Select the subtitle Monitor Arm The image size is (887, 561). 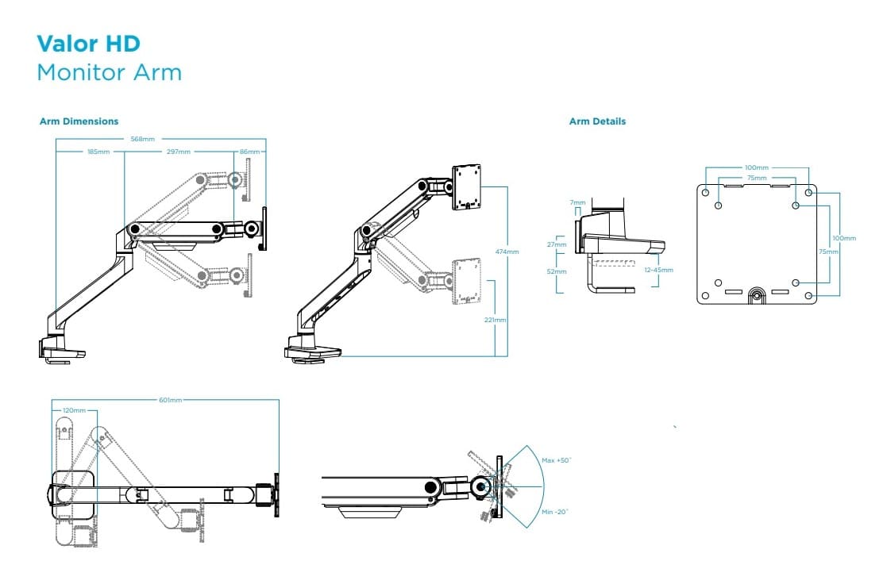[110, 72]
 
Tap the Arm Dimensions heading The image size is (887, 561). [79, 121]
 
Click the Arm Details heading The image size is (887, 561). [597, 121]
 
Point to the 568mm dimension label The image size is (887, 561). [143, 139]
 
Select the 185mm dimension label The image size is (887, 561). [98, 151]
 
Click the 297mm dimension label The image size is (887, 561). [179, 151]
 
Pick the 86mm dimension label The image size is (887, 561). [249, 151]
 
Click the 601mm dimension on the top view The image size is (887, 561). [171, 400]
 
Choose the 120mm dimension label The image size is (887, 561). [74, 410]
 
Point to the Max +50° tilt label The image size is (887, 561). [557, 460]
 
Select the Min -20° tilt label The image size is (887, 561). [555, 512]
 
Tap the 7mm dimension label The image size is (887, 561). [577, 203]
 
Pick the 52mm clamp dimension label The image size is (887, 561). [557, 271]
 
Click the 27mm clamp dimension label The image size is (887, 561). [557, 244]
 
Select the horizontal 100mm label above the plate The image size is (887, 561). [756, 167]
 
